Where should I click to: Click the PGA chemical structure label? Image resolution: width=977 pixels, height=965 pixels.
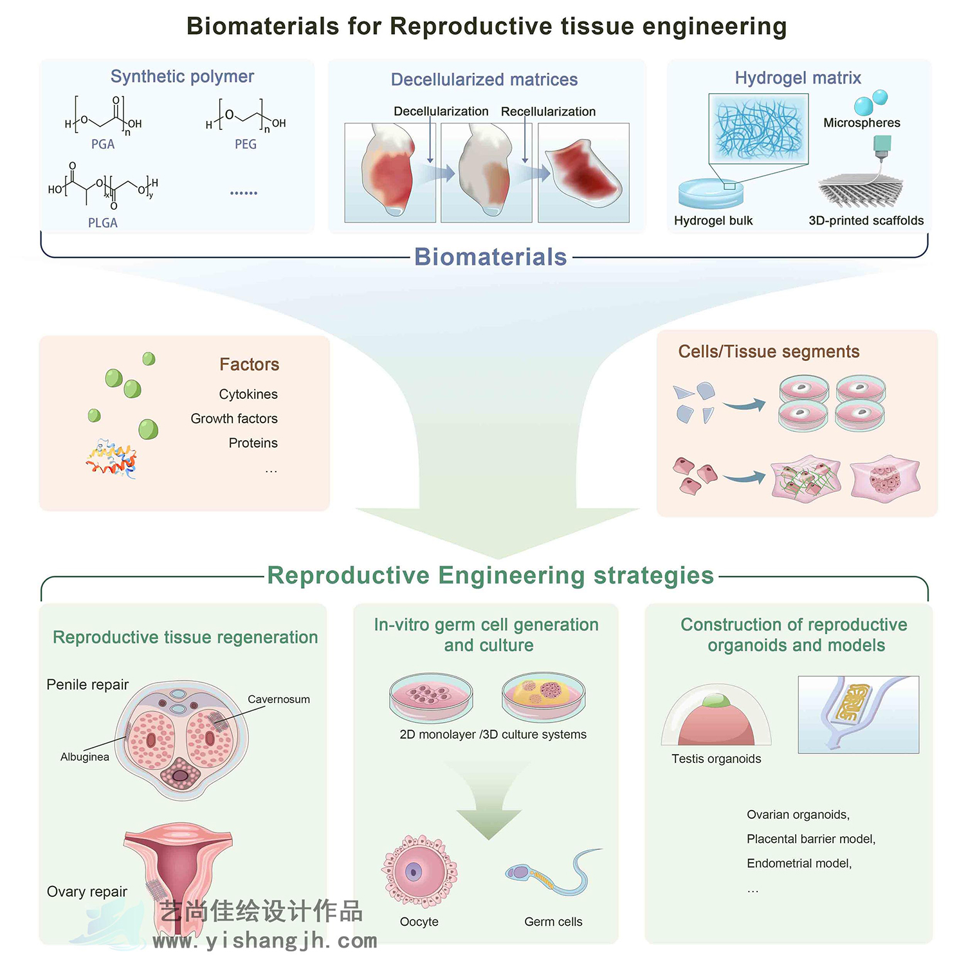(103, 144)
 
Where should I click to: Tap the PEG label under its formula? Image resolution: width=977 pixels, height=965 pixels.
(246, 144)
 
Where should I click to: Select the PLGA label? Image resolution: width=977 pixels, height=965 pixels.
(103, 223)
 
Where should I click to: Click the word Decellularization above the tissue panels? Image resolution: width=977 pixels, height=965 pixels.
(441, 111)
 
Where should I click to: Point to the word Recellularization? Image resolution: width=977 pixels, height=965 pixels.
(548, 111)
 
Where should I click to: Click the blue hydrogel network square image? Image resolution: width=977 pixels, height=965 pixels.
(758, 129)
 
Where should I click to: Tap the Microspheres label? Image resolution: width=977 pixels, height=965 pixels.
(862, 123)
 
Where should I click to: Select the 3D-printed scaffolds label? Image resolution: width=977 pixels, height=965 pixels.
(866, 221)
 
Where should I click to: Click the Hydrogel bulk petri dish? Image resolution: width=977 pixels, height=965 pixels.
(711, 193)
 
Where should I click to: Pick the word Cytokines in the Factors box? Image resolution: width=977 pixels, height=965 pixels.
(248, 394)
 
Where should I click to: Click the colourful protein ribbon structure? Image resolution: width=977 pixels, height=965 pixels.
(111, 459)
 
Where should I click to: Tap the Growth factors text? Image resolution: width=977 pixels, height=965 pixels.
(234, 419)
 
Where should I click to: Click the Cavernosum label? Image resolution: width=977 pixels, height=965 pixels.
(278, 699)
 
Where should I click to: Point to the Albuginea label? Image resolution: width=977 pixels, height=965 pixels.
(85, 757)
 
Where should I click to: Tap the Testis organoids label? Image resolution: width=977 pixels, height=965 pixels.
(716, 759)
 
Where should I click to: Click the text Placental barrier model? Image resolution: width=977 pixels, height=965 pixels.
(810, 839)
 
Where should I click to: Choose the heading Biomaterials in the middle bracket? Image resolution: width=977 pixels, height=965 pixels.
(490, 257)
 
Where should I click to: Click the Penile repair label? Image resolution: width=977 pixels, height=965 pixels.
(87, 685)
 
